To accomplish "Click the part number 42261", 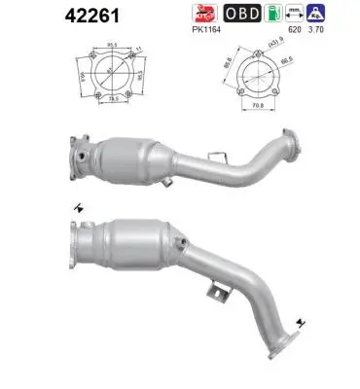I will point(31,16).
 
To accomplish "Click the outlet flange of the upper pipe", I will point(288,138).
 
